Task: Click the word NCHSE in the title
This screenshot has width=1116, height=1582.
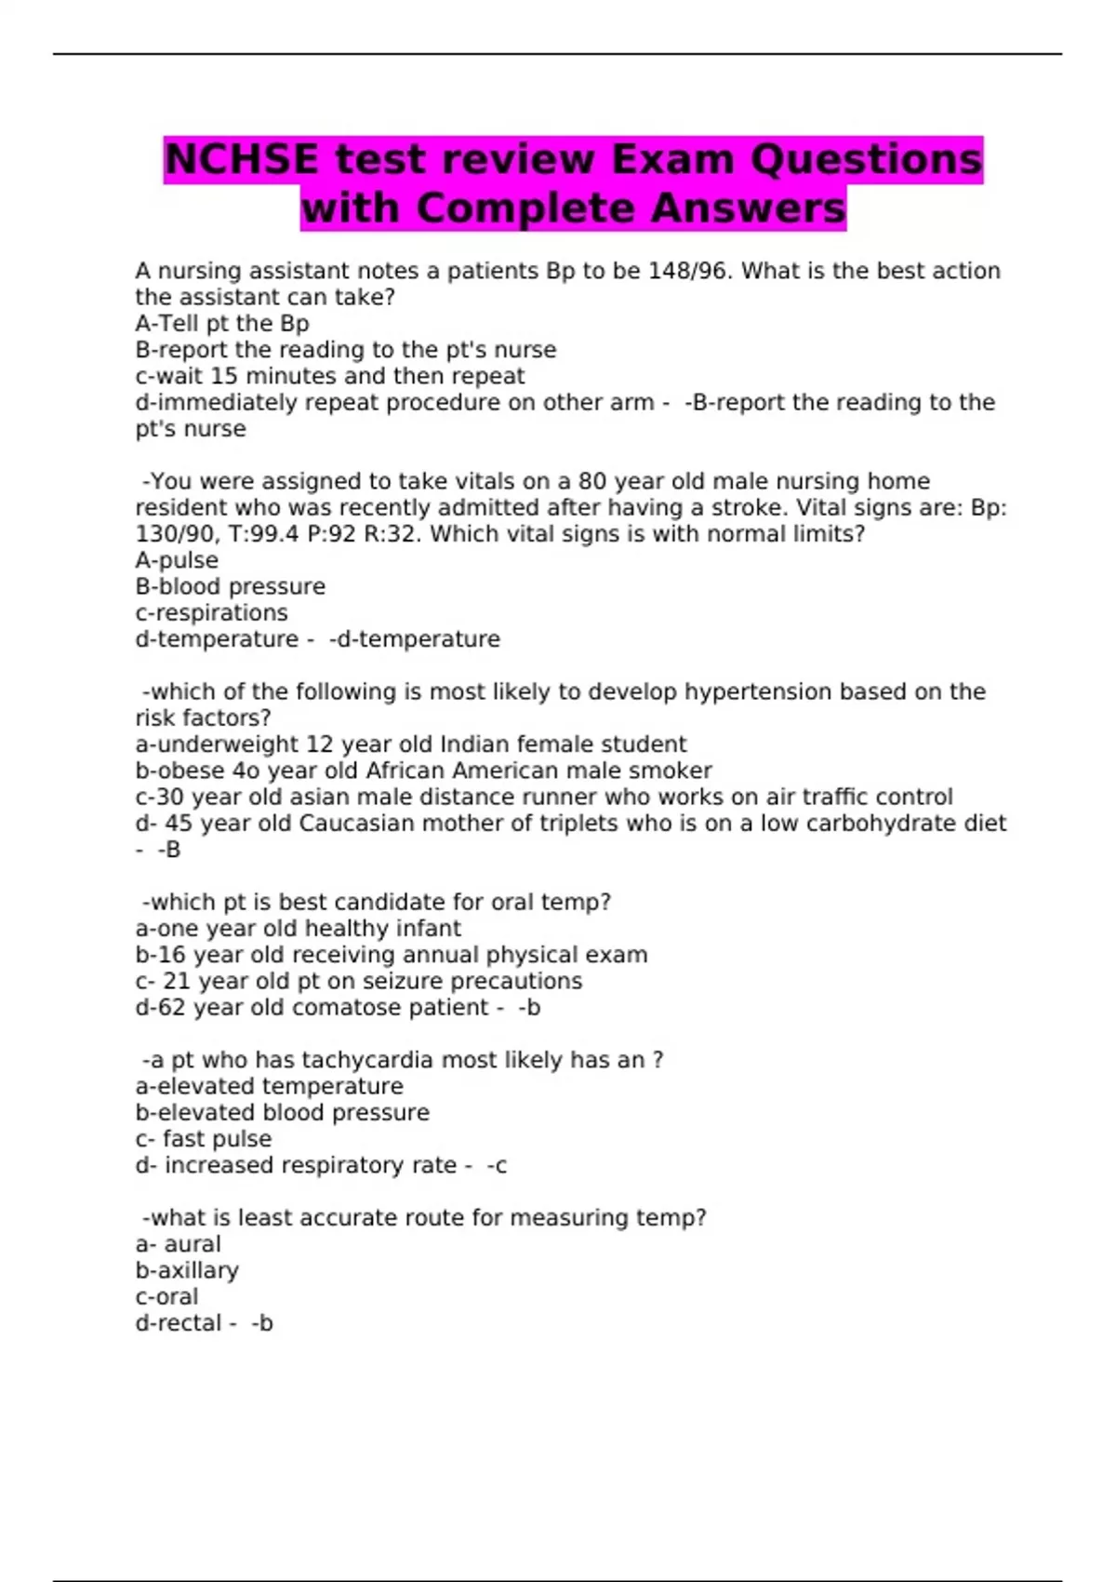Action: tap(241, 159)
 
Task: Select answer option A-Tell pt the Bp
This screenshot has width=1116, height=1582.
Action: tap(222, 324)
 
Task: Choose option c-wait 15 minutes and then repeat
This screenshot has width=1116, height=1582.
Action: tap(330, 376)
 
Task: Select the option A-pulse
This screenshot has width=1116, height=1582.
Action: tap(177, 560)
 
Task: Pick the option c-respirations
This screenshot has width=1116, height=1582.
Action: tap(212, 613)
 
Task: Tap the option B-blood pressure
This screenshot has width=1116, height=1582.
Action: tap(231, 587)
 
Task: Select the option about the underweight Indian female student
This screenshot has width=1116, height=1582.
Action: tap(411, 744)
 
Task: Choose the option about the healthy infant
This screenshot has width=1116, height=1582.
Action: tap(298, 929)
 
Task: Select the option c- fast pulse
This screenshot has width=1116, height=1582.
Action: tap(204, 1139)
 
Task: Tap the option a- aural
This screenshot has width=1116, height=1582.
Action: tap(179, 1244)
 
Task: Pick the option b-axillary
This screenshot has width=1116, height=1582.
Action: tap(187, 1270)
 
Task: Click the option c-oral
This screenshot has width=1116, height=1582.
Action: tap(167, 1296)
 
